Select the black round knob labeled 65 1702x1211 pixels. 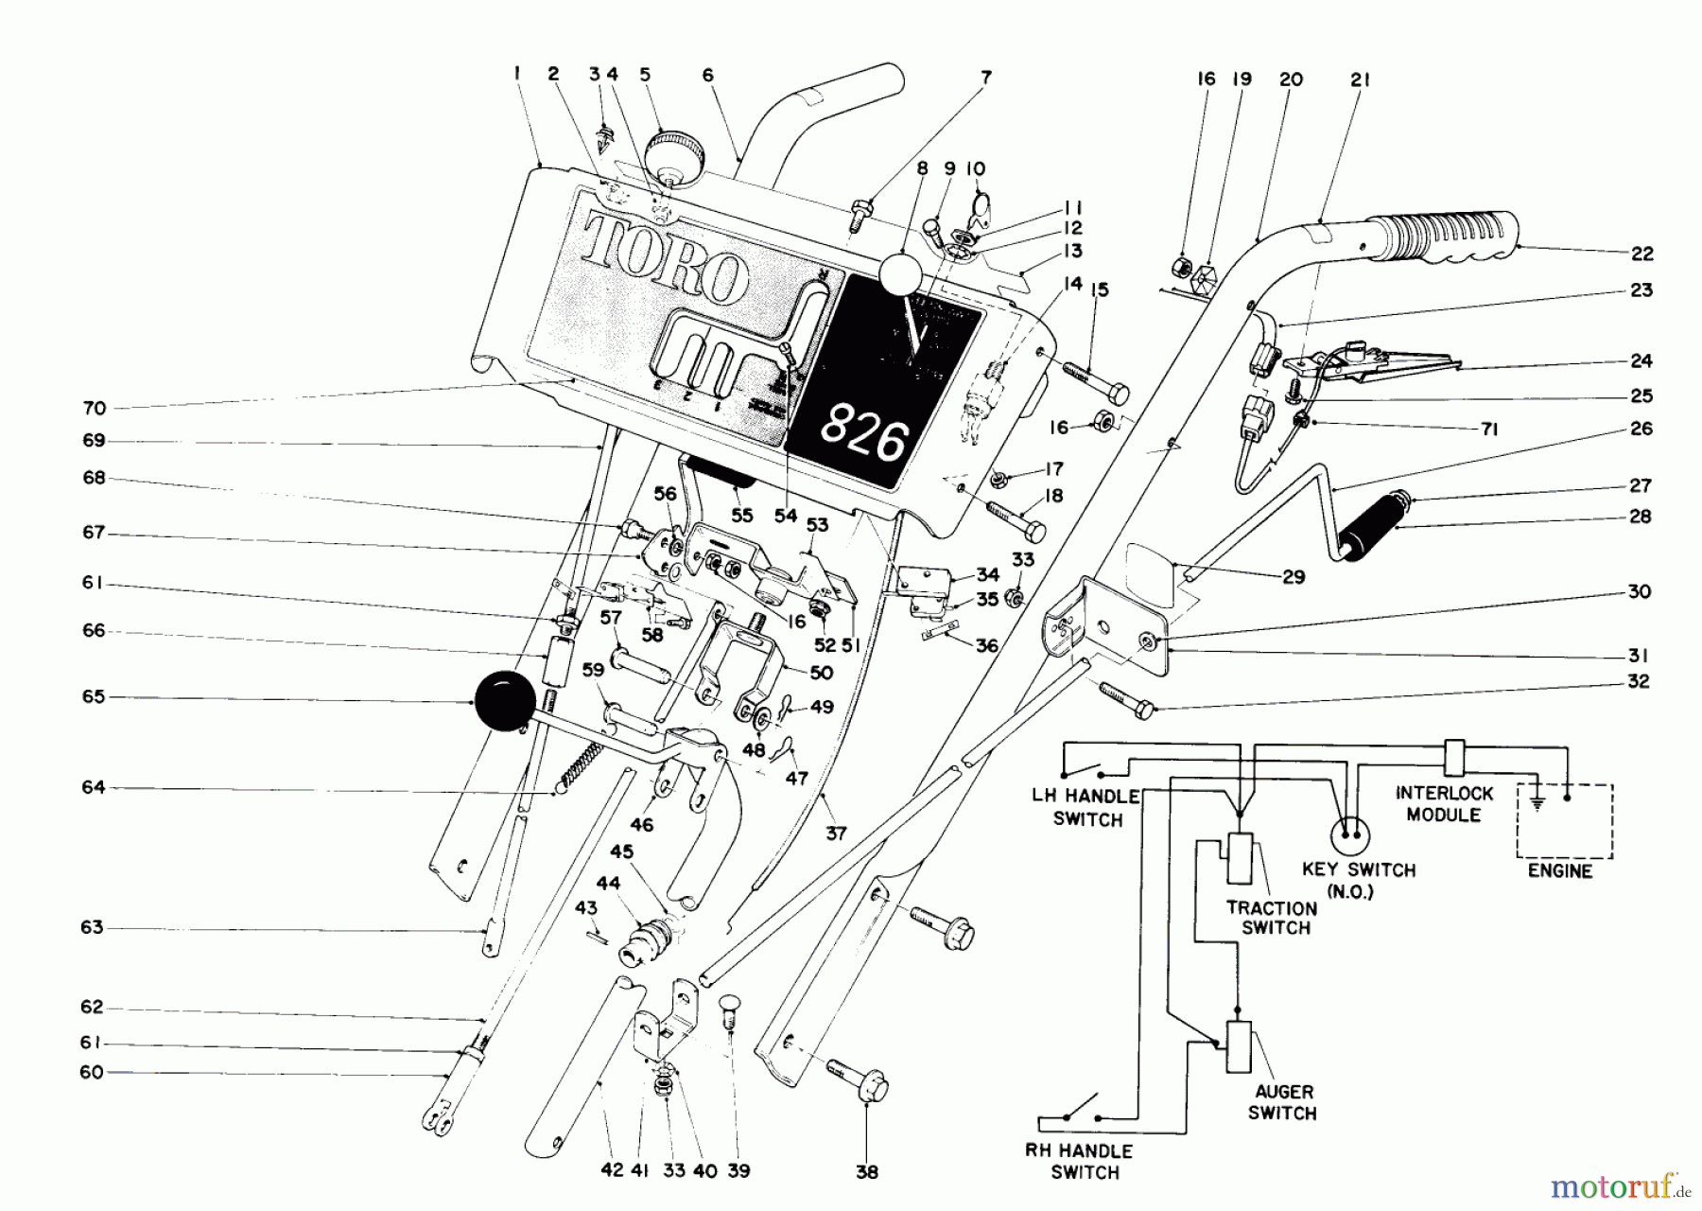(501, 700)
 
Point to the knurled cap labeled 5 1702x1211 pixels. (673, 151)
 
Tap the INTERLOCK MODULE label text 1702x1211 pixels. (1443, 803)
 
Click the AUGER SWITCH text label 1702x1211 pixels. (1282, 1102)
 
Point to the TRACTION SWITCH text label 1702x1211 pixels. (1273, 917)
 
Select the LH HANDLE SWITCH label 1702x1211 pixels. (1086, 808)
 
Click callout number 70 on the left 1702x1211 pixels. (95, 409)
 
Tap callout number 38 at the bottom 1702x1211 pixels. (866, 1172)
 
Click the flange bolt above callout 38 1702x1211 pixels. (860, 1082)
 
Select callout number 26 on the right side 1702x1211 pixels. (1641, 429)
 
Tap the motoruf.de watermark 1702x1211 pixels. (1623, 1183)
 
